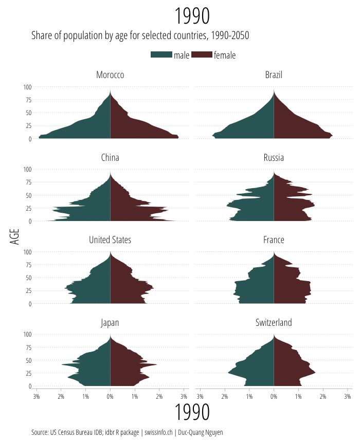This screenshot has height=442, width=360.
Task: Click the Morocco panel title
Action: point(110,75)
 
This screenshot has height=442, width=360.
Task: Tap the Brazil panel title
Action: point(274,75)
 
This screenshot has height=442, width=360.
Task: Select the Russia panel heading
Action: point(274,157)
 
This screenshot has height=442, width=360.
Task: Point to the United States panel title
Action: point(110,240)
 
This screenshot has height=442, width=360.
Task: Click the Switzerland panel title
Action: point(274,323)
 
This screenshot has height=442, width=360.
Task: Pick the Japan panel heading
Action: point(110,323)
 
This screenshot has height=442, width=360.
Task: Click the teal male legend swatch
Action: point(161,55)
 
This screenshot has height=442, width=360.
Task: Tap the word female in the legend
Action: point(225,55)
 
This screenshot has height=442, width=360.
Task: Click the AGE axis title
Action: point(14,236)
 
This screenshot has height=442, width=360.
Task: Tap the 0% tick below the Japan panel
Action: point(110,396)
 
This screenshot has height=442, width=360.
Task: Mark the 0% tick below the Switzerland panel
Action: point(274,396)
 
